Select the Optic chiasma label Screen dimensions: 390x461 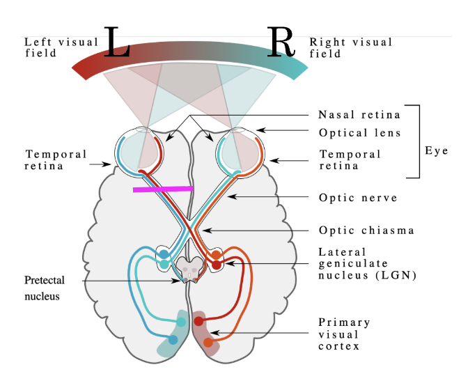click(x=357, y=231)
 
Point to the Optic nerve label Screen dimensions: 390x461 click(x=358, y=198)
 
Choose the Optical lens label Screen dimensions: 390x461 click(x=360, y=133)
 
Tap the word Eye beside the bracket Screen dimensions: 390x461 click(x=437, y=150)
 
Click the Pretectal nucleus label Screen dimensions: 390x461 click(x=45, y=288)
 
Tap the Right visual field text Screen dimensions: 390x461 click(x=351, y=47)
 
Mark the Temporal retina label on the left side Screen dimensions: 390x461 click(x=56, y=159)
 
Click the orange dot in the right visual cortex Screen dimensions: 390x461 click(x=208, y=342)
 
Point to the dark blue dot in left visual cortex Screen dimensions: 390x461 click(x=173, y=341)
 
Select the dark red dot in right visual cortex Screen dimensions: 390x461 click(x=198, y=322)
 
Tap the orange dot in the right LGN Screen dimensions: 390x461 click(x=217, y=256)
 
